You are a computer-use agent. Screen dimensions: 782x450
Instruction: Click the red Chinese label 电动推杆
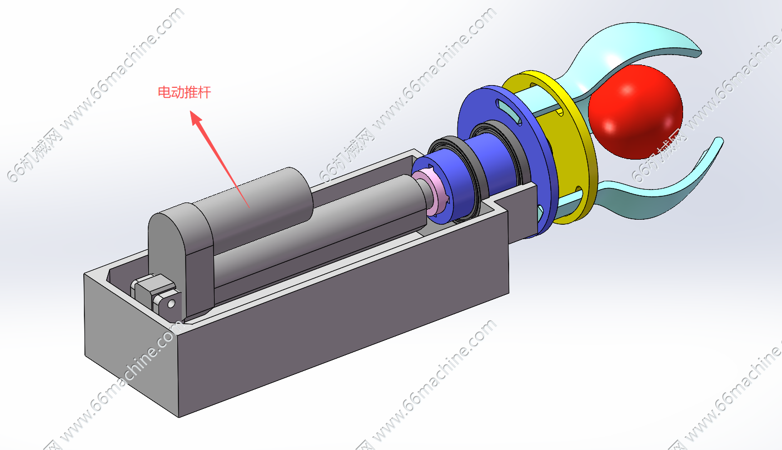pyautogui.click(x=185, y=92)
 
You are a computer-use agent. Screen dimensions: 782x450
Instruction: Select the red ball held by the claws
pyautogui.click(x=635, y=112)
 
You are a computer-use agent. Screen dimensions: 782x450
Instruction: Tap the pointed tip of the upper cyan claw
pyautogui.click(x=700, y=53)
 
